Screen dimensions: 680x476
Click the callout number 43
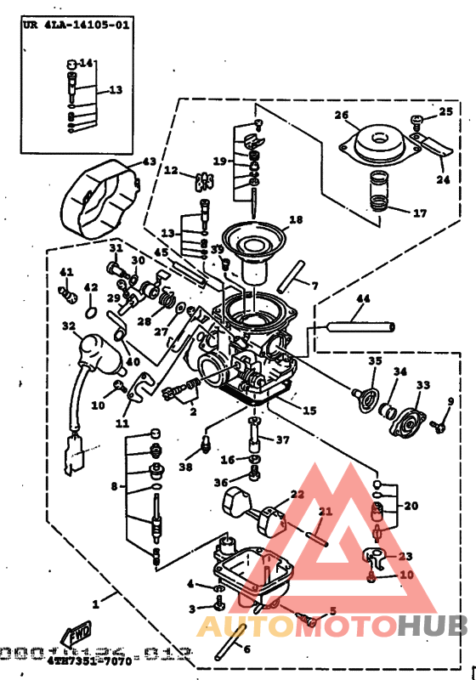(x=149, y=161)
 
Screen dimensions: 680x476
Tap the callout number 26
(x=341, y=115)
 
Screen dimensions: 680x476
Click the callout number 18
(x=295, y=219)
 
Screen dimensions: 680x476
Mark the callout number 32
(x=68, y=325)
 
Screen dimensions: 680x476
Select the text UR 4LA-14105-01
(x=76, y=25)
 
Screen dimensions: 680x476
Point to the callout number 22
(x=297, y=494)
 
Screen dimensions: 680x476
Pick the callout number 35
(x=374, y=361)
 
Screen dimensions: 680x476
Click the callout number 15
(x=309, y=410)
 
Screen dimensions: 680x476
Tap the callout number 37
(x=282, y=439)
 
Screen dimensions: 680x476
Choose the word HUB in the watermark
(x=433, y=626)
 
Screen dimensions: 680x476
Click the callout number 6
(x=246, y=649)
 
